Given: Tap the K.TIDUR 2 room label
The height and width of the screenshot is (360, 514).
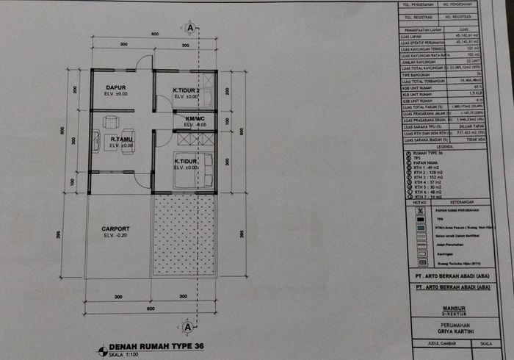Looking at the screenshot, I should click(x=187, y=91).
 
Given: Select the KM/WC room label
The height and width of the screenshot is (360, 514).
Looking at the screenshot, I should click(x=195, y=119).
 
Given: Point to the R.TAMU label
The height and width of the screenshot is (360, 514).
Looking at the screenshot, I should click(x=121, y=139).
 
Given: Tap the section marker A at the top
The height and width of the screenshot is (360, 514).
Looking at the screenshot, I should click(x=191, y=27).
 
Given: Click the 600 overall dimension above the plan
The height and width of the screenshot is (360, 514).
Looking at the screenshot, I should click(x=156, y=35).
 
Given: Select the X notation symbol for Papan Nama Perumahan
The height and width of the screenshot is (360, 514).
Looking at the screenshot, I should click(x=419, y=209).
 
